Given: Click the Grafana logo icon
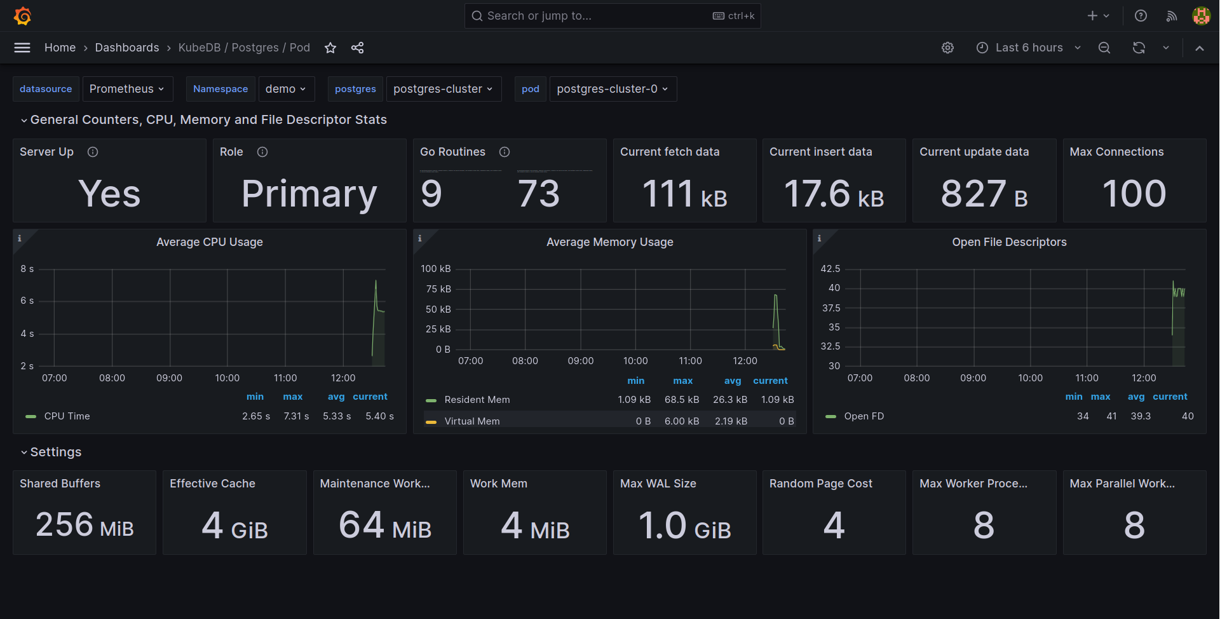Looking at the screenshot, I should point(23,16).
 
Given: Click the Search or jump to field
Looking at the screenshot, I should point(591,16).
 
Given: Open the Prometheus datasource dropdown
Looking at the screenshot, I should point(126,89).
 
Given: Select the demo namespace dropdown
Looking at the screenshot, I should point(285,89).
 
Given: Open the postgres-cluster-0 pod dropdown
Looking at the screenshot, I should point(612,89).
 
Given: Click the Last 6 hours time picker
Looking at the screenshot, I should point(1028,48).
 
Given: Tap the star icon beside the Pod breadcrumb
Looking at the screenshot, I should point(330,48).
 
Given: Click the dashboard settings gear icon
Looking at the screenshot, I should point(947,48).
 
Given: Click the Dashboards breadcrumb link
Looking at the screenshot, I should point(127,48).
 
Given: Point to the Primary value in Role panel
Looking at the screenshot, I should point(309,194).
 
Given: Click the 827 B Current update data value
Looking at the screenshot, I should point(984,194).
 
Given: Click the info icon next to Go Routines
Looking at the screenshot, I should point(505,152).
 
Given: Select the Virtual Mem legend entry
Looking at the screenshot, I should point(471,421).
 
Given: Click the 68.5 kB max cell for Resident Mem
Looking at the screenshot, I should point(682,400).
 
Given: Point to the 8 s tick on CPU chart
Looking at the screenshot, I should point(27,269).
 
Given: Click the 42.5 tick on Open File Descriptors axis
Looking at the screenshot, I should point(830,269).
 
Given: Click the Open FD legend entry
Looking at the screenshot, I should point(864,416).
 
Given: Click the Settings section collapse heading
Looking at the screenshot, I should point(55,452).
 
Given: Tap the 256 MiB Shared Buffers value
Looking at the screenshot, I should point(85,525).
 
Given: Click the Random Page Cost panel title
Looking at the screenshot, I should point(820,484).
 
